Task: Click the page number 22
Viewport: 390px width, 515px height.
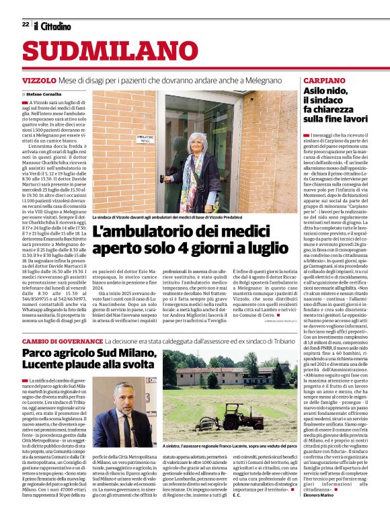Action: point(25,24)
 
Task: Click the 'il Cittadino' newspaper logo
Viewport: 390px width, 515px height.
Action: point(53,26)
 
